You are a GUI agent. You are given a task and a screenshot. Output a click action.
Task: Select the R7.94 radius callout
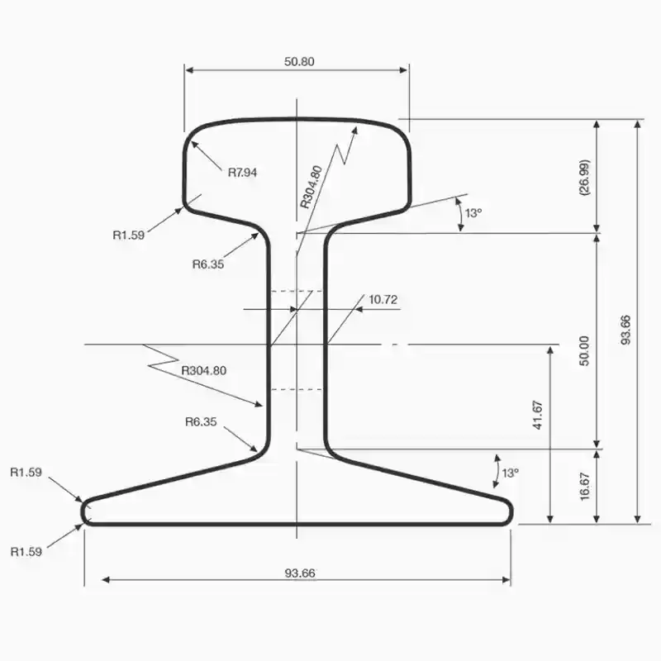click(243, 173)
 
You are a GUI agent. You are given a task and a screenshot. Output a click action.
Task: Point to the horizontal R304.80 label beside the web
click(203, 370)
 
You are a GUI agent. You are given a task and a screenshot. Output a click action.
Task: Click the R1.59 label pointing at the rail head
click(129, 235)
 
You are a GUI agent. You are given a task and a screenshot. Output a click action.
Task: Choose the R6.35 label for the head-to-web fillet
click(208, 264)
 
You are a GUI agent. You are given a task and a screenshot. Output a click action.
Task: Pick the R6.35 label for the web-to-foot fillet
click(201, 421)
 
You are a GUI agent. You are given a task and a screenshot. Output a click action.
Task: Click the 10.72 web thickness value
click(383, 299)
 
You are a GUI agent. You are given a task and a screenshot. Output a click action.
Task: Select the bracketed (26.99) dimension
click(584, 177)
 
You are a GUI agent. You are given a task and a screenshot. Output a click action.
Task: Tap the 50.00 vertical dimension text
click(584, 350)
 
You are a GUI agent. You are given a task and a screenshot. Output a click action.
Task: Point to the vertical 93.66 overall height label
click(625, 330)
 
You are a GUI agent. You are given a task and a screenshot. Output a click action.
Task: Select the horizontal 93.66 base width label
click(300, 573)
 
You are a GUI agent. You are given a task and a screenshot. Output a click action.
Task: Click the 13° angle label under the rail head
click(473, 213)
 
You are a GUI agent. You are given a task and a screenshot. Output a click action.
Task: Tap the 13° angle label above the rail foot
click(511, 473)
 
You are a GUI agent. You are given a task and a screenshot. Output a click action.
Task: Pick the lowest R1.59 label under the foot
click(26, 550)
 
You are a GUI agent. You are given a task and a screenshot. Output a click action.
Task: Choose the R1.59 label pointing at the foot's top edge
click(26, 473)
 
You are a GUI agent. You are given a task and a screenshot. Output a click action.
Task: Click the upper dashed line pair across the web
click(296, 292)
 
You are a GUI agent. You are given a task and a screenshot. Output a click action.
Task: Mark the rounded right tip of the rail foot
click(510, 511)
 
